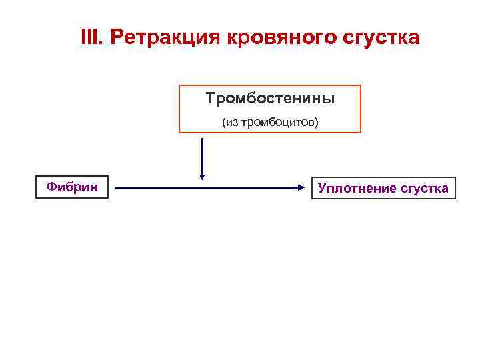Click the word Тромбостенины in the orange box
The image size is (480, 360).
click(270, 99)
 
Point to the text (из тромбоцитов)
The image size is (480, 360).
click(270, 123)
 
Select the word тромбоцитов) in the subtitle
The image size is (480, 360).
click(279, 123)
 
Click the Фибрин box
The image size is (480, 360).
click(72, 187)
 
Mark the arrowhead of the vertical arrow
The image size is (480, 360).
click(202, 177)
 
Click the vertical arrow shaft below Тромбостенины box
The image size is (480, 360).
click(202, 153)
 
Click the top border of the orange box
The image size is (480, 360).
click(269, 85)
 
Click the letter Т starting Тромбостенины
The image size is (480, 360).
click(210, 99)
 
